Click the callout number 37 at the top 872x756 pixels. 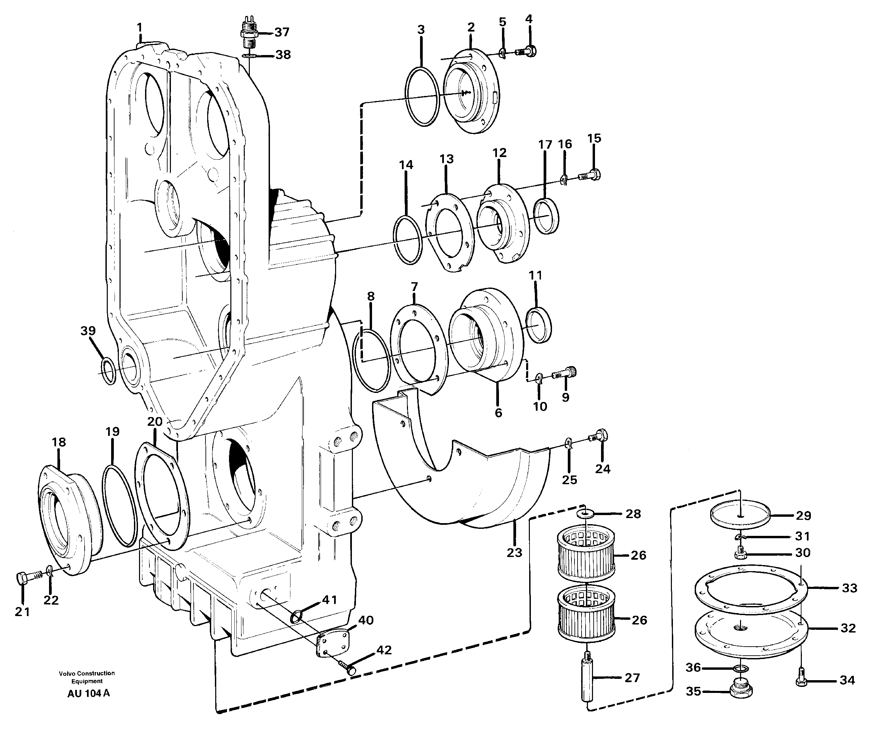[282, 32]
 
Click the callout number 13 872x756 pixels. [446, 159]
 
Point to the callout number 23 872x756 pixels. [514, 553]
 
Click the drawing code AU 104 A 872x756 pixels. [88, 694]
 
